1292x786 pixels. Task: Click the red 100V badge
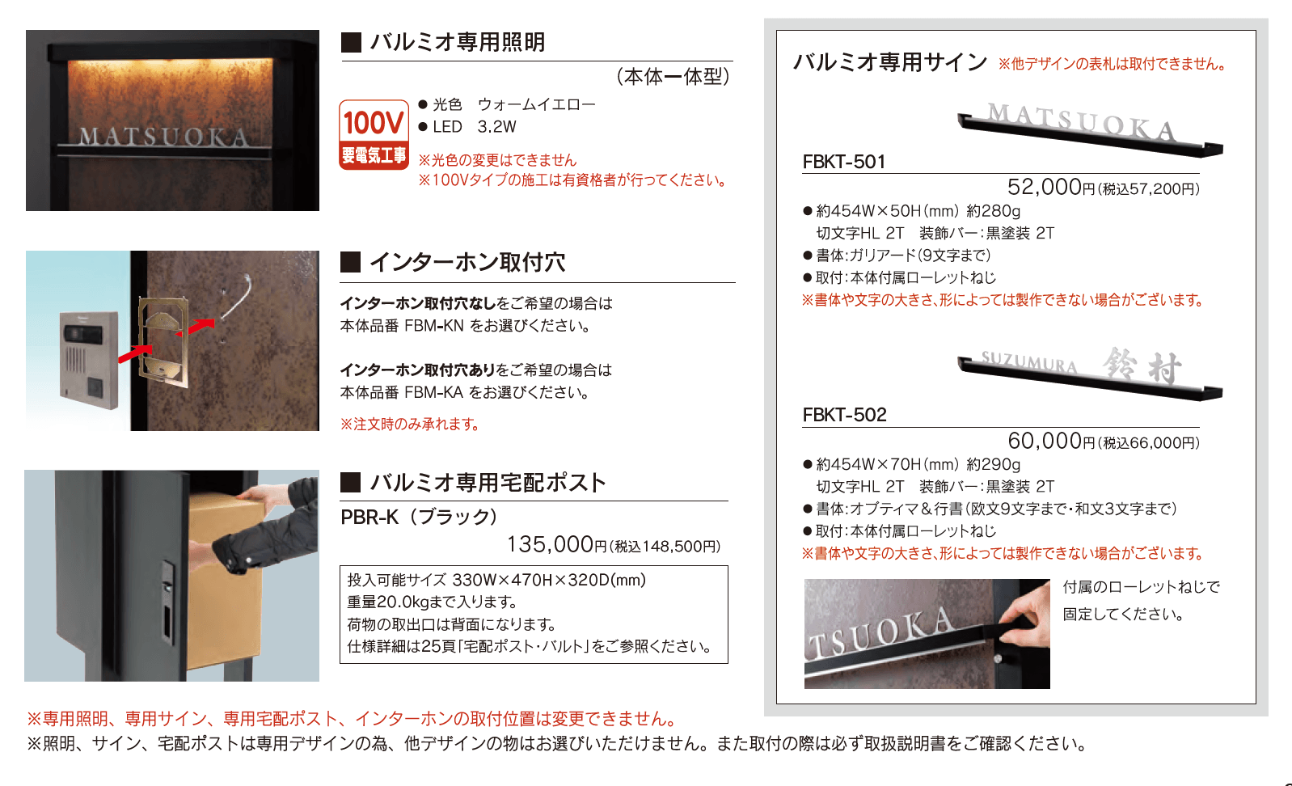click(x=374, y=135)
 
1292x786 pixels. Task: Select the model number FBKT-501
click(x=844, y=162)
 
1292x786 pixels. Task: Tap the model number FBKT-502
click(x=844, y=415)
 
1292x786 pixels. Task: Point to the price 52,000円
click(x=1051, y=187)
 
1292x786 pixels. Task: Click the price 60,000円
click(x=1051, y=442)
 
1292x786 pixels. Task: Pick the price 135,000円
click(x=556, y=544)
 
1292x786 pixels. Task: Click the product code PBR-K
click(x=369, y=518)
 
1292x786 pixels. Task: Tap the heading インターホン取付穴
click(x=468, y=262)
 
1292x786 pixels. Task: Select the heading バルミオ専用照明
click(x=458, y=42)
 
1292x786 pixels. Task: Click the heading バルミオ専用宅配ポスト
click(x=488, y=483)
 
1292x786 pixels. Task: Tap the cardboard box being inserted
click(x=229, y=582)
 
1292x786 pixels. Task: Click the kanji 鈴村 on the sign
click(x=1142, y=366)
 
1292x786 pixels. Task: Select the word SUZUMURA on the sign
click(x=1029, y=362)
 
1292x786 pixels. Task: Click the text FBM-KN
click(x=433, y=327)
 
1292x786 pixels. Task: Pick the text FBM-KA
click(x=433, y=393)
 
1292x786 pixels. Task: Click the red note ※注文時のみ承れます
click(x=410, y=425)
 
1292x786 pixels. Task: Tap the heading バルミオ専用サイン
click(x=890, y=62)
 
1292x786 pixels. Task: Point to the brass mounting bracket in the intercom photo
click(x=163, y=343)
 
